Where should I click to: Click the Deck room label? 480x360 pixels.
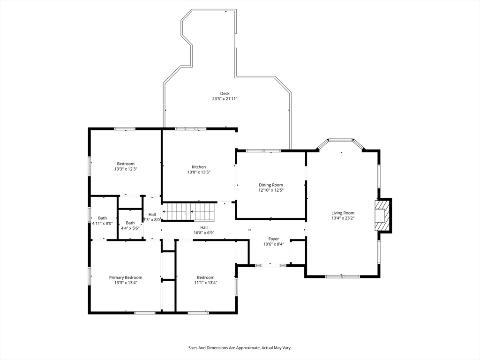click(225, 93)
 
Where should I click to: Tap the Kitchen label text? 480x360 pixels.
click(199, 167)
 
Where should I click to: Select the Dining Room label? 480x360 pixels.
click(271, 185)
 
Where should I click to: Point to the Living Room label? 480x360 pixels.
click(343, 213)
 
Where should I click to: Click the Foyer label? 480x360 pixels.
click(273, 239)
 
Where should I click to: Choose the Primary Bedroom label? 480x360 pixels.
click(126, 277)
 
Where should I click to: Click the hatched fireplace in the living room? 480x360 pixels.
click(382, 216)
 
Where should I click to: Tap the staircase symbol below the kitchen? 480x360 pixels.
click(189, 211)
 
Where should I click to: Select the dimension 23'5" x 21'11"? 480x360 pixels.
click(225, 99)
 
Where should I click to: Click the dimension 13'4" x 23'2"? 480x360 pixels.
click(343, 218)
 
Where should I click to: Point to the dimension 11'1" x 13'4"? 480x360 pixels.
click(205, 283)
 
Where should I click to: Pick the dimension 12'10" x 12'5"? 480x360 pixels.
click(271, 190)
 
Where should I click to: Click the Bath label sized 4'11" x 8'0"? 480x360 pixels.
click(102, 218)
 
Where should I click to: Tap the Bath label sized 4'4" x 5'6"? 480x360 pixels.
click(130, 223)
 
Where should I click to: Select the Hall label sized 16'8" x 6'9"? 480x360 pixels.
click(204, 227)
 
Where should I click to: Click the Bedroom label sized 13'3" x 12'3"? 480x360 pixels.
click(126, 164)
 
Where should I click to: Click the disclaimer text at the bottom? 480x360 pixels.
click(240, 348)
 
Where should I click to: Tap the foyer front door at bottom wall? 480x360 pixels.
click(270, 265)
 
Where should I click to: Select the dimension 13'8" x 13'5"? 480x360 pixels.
click(199, 172)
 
